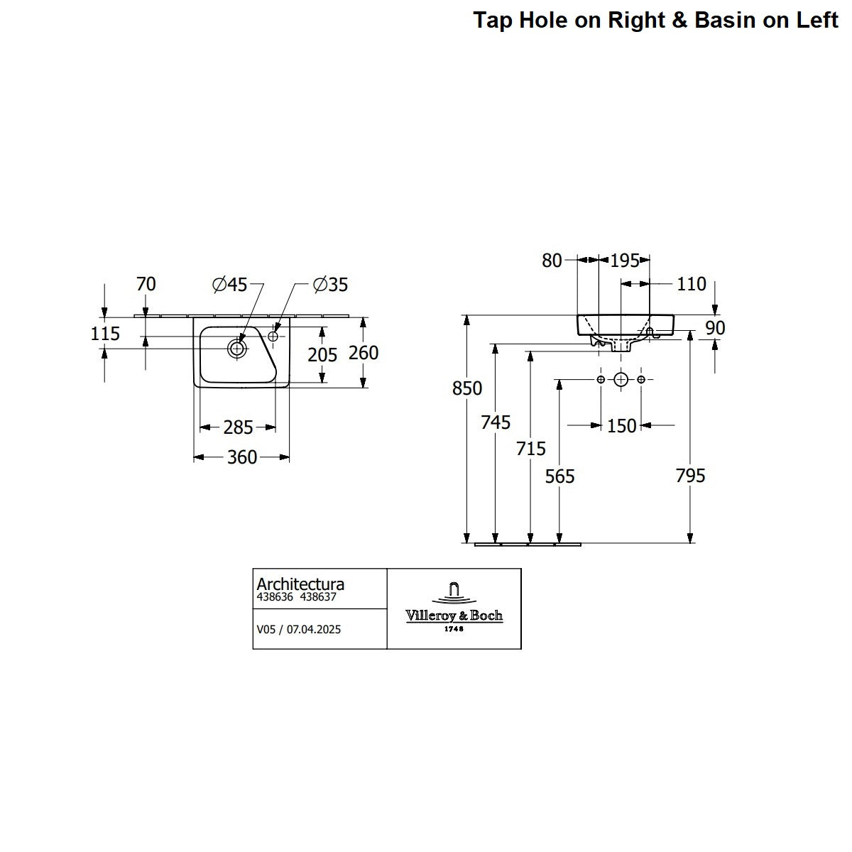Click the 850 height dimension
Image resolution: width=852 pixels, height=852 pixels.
[467, 388]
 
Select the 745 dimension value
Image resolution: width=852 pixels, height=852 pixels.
[496, 422]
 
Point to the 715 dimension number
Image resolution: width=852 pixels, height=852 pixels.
[531, 449]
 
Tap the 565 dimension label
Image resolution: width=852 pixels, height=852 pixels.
[559, 476]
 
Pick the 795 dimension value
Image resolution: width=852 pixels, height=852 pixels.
[691, 476]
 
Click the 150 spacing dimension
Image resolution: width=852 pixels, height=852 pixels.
[622, 426]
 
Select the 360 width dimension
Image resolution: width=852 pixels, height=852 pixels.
[242, 457]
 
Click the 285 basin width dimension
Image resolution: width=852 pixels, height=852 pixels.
[238, 427]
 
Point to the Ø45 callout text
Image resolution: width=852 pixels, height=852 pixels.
[230, 284]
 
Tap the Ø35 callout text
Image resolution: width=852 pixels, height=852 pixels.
[331, 284]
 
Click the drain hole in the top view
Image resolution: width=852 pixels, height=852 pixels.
[237, 349]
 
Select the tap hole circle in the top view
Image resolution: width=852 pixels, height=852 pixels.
[273, 336]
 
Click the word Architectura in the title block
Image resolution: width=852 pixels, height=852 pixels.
[300, 584]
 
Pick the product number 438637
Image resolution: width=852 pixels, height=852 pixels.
[318, 597]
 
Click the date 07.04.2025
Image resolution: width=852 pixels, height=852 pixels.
[314, 629]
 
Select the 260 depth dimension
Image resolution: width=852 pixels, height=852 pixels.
[364, 353]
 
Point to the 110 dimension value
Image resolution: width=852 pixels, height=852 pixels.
[692, 284]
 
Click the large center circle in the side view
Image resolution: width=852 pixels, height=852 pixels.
[621, 379]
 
